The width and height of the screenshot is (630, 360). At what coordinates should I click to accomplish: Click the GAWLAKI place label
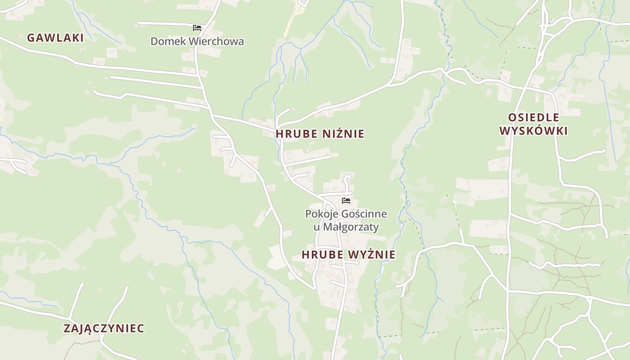click(55, 38)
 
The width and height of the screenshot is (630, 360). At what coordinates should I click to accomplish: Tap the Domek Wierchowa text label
click(197, 41)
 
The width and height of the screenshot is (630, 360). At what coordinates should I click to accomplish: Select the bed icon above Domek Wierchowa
click(197, 28)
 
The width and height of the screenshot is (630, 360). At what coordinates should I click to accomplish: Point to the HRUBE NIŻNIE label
click(320, 134)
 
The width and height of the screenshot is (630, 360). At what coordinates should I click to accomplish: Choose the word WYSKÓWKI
click(534, 131)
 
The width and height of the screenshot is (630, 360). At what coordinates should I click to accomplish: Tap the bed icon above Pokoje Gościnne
click(346, 201)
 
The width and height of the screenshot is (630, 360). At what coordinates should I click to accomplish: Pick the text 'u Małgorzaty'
click(346, 227)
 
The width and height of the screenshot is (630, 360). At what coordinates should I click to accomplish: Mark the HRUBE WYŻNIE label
click(348, 255)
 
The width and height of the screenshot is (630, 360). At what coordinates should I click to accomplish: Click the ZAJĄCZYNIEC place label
click(104, 328)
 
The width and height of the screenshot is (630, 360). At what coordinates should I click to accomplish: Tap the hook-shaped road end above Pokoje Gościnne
click(347, 179)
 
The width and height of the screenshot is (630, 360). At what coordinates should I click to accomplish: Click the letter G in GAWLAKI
click(31, 38)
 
